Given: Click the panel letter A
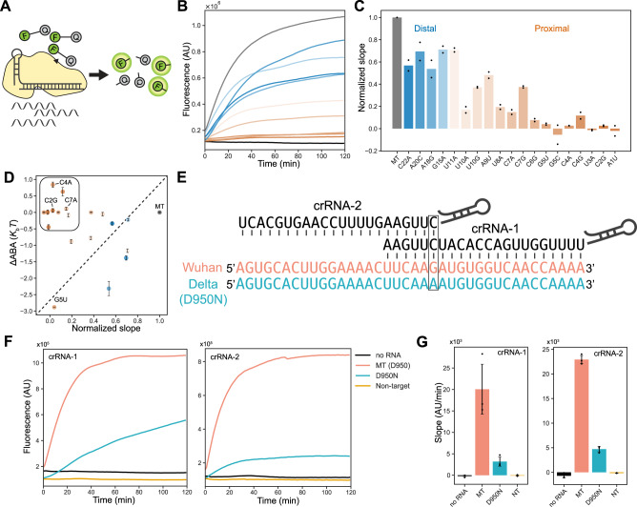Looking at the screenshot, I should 7,7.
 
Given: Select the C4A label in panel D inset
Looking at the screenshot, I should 66,181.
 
